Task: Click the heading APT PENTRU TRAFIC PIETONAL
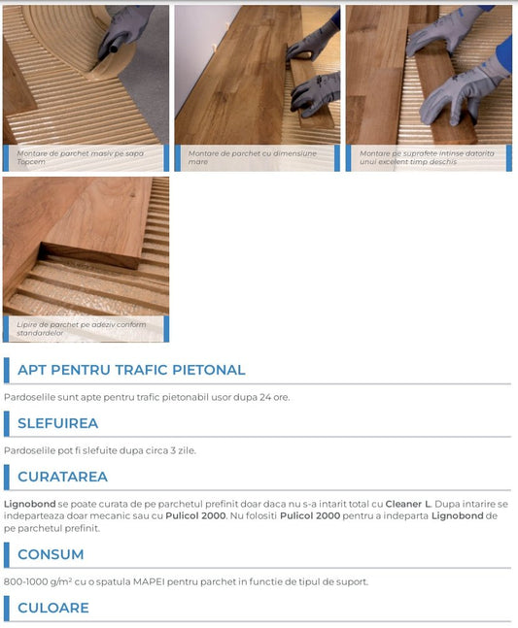pos(131,370)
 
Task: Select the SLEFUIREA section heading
pos(57,423)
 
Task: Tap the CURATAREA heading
pos(62,477)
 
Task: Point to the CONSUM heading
pos(51,554)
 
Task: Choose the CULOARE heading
pos(53,608)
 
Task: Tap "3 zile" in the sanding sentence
pos(183,450)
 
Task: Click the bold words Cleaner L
pos(408,504)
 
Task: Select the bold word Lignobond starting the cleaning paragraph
pos(30,504)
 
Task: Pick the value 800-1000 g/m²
pos(38,581)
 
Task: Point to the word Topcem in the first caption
pos(31,162)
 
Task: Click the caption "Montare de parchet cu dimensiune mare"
pos(252,157)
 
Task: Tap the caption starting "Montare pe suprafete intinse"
pos(427,157)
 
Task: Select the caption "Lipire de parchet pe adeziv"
pos(81,328)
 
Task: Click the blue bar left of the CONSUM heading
pos(7,554)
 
